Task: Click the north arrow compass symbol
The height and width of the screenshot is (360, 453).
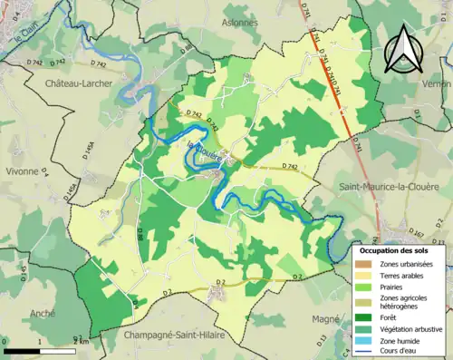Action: [401, 49]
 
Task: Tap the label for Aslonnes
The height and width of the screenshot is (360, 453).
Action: [239, 23]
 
